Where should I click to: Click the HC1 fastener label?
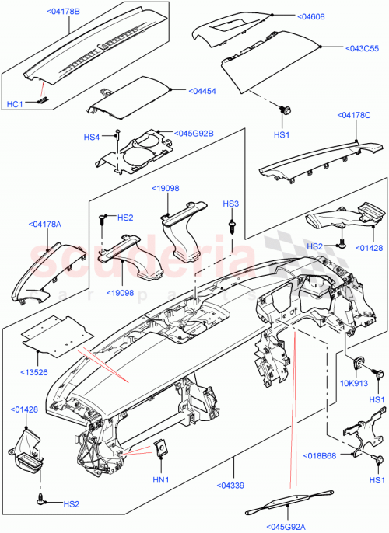pyautogui.click(x=15, y=104)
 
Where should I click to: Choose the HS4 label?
pyautogui.click(x=92, y=138)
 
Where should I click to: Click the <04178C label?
pyautogui.click(x=355, y=116)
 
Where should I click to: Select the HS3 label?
pyautogui.click(x=231, y=204)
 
